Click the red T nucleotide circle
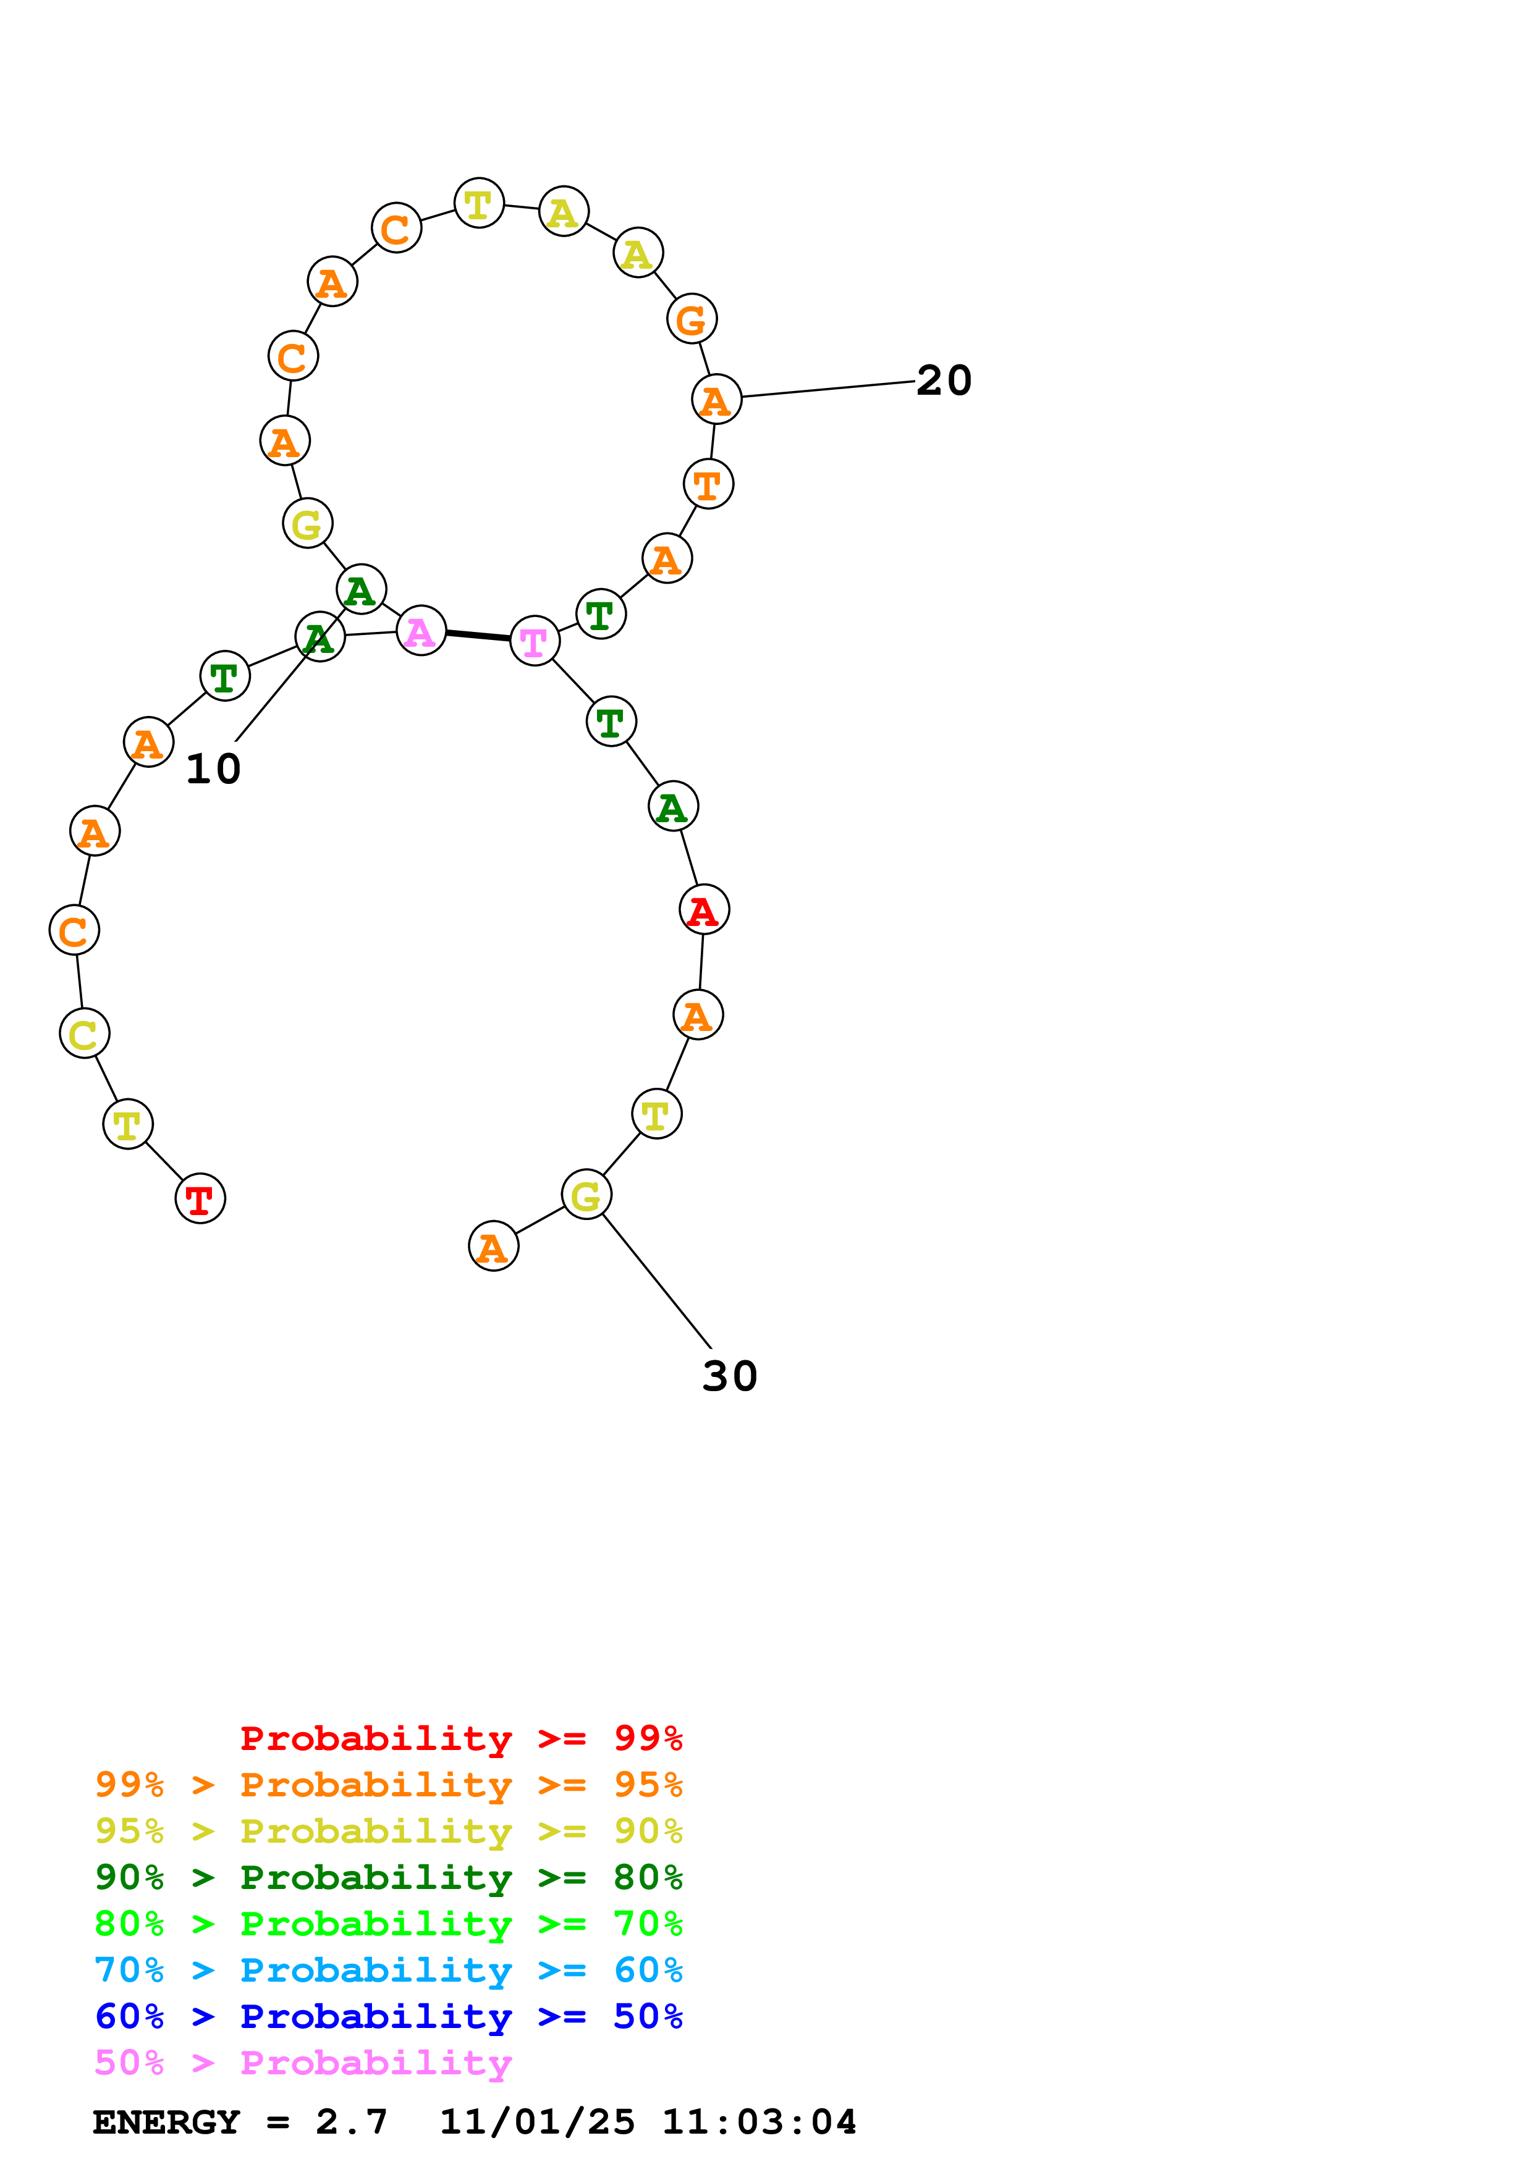[200, 1198]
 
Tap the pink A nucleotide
[421, 631]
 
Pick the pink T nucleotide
[535, 641]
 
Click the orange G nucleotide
[692, 319]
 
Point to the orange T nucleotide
[708, 484]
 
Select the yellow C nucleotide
[84, 1033]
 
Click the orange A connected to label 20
[716, 399]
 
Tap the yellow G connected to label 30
[586, 1195]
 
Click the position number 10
[213, 769]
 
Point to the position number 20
[944, 381]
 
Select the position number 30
[730, 1376]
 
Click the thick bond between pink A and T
[478, 635]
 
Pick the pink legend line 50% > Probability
[303, 2062]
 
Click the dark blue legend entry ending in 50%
[388, 2016]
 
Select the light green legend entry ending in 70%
[388, 1924]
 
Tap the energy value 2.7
[351, 2122]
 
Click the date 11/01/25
[537, 2122]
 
